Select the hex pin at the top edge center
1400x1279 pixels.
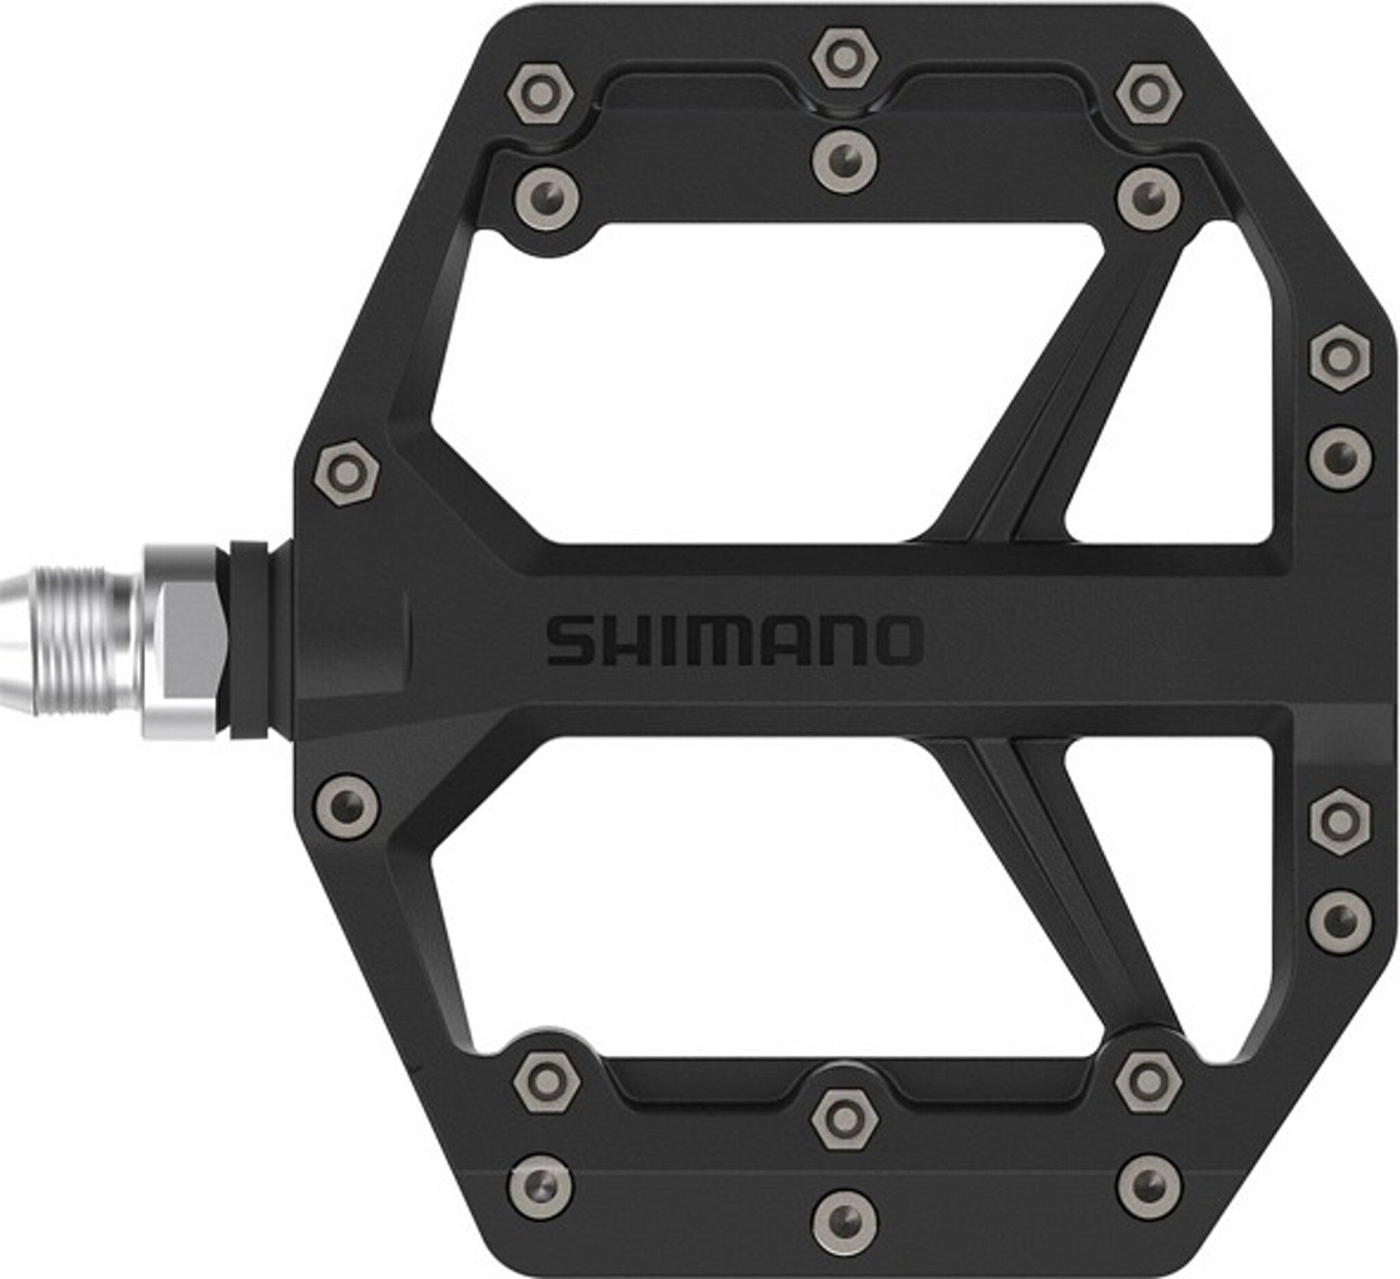(844, 58)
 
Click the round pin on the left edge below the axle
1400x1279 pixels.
(347, 808)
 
